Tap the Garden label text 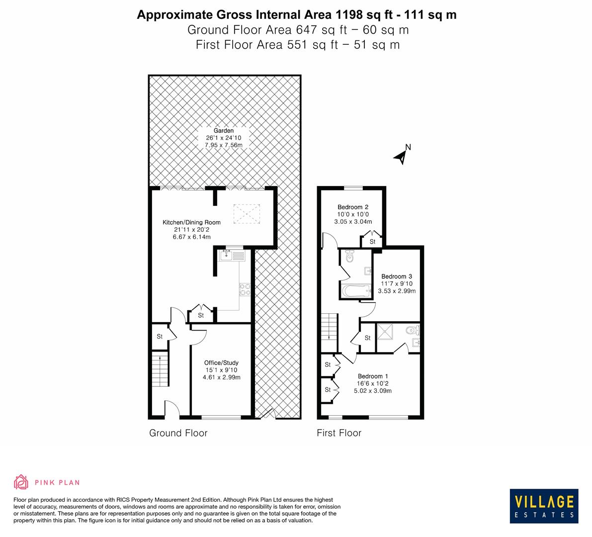click(223, 131)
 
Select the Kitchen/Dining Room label click(191, 222)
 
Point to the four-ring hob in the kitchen click(245, 289)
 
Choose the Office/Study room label click(221, 362)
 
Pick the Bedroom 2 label click(352, 207)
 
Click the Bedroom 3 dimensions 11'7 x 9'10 click(397, 284)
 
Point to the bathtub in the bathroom click(355, 291)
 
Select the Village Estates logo click(544, 506)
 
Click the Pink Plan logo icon click(21, 482)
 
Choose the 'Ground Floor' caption click(178, 433)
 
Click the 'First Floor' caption click(339, 433)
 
